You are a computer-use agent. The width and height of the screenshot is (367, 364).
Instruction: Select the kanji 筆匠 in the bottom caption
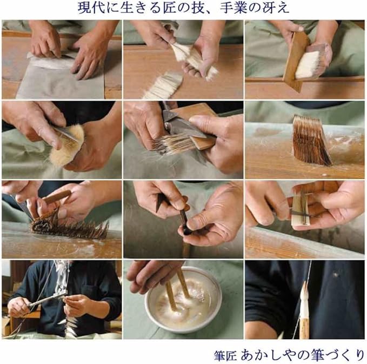[225, 355]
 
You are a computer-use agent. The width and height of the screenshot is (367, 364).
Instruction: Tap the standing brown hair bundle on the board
[311, 140]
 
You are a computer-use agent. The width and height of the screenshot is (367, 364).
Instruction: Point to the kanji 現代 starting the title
[91, 9]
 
